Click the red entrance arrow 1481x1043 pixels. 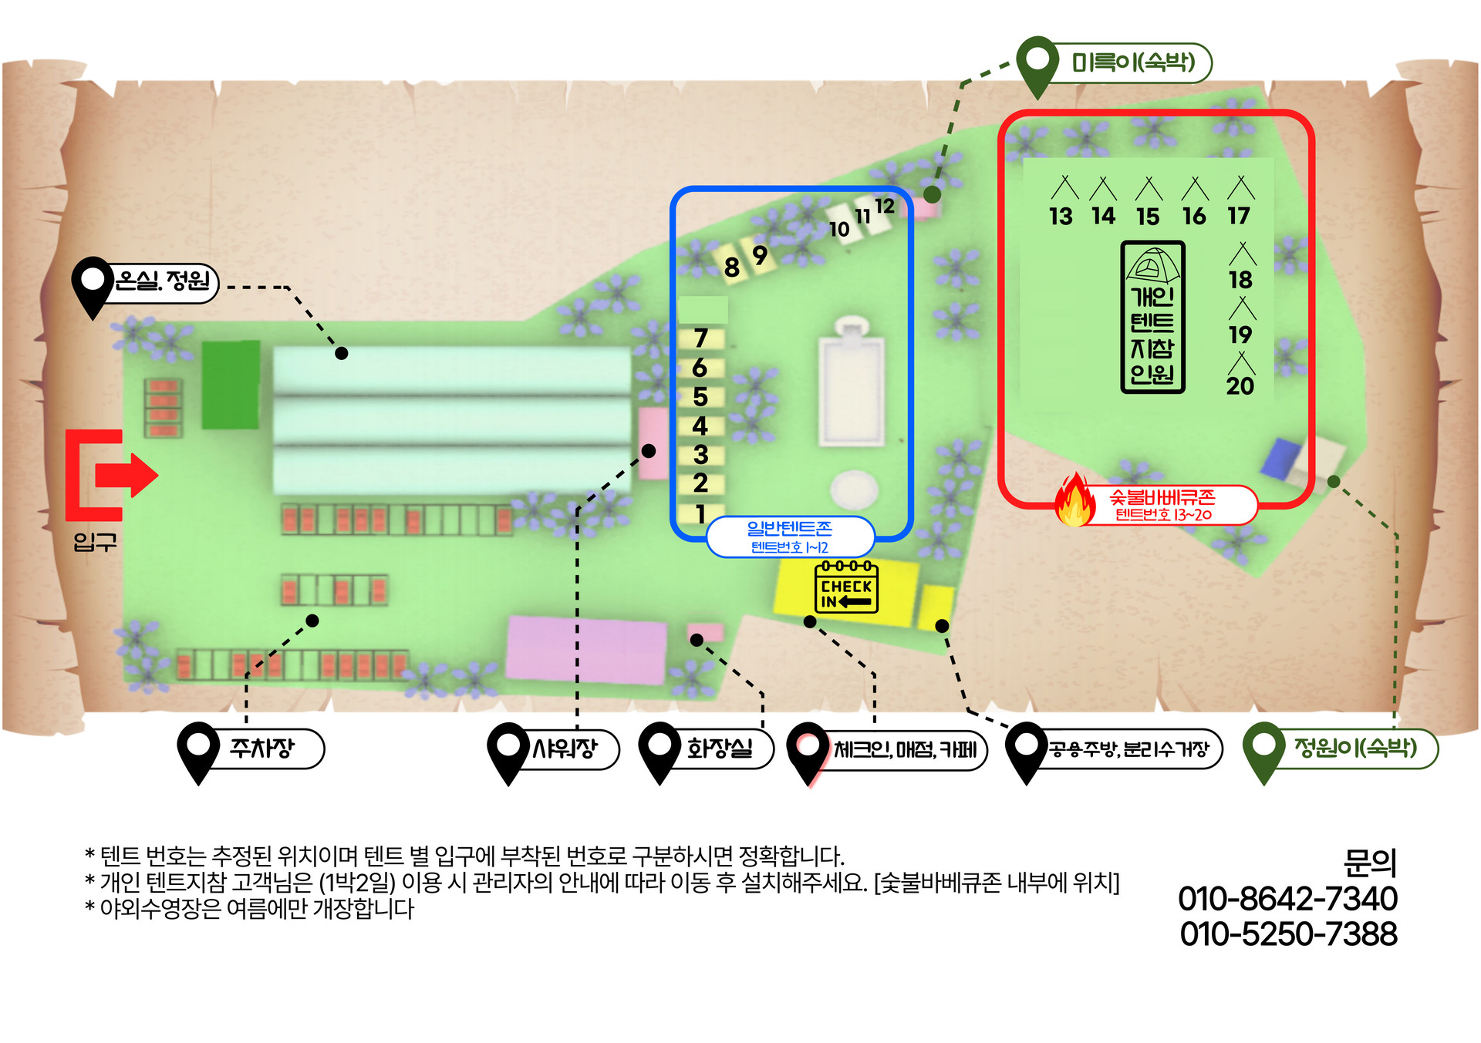click(x=127, y=475)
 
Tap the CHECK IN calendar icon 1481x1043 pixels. click(x=846, y=587)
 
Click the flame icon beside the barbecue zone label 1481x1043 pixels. click(x=1075, y=501)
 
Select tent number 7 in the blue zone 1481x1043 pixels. click(x=700, y=338)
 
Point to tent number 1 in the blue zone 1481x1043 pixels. click(x=700, y=513)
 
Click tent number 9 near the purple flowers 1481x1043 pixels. click(x=760, y=255)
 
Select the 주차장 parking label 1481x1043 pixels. click(x=262, y=748)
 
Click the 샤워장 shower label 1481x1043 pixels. click(x=565, y=749)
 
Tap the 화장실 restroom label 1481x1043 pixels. click(x=719, y=749)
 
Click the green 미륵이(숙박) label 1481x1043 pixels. click(x=1133, y=62)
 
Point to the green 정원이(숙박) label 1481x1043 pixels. click(x=1355, y=748)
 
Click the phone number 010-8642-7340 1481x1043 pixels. click(x=1287, y=899)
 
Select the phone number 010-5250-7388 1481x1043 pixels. click(x=1288, y=934)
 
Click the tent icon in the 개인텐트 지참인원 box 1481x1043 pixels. click(x=1152, y=267)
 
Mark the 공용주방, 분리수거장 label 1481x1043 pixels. click(x=1128, y=749)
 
